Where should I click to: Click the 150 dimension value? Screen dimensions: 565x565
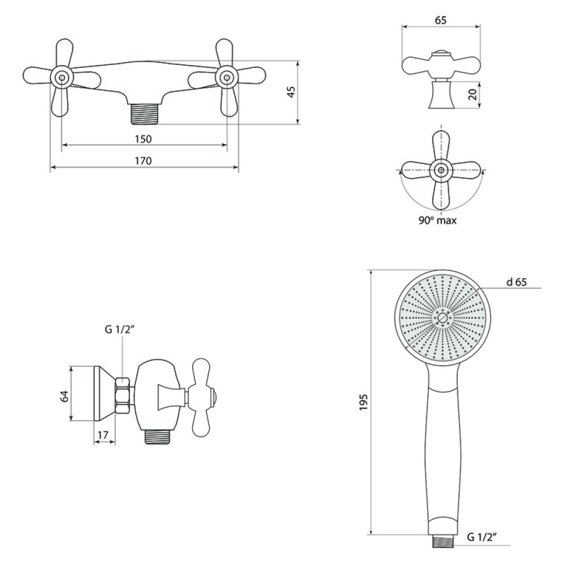point(144,139)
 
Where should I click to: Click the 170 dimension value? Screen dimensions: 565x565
point(144,160)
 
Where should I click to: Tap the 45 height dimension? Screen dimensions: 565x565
point(292,92)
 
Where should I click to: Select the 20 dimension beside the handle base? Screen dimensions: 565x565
point(473,94)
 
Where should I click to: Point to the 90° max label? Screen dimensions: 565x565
point(437,220)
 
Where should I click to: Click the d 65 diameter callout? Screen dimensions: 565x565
point(516,282)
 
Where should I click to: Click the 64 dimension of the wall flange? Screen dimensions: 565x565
point(64,396)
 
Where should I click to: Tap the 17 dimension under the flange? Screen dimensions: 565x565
point(103,435)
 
